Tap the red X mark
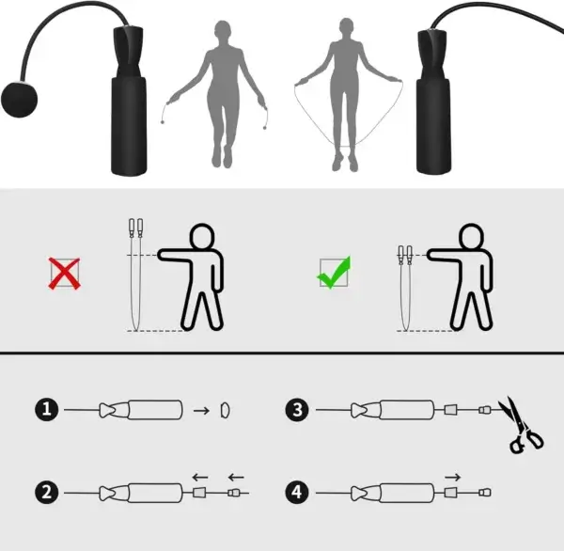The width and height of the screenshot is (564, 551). pyautogui.click(x=65, y=273)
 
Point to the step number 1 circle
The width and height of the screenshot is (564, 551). pyautogui.click(x=45, y=409)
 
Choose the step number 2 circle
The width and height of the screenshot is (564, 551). pyautogui.click(x=45, y=491)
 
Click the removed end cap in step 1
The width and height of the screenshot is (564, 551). pyautogui.click(x=224, y=410)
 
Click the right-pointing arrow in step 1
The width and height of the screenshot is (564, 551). pyautogui.click(x=200, y=410)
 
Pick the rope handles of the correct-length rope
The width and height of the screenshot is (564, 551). pyautogui.click(x=405, y=255)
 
